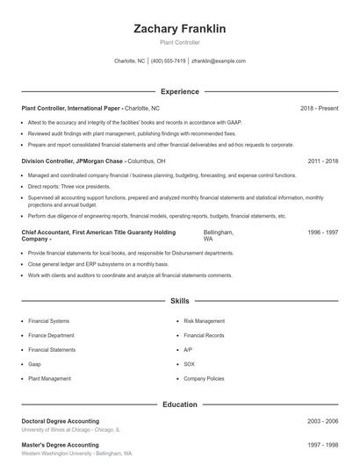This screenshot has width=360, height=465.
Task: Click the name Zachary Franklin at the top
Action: click(179, 29)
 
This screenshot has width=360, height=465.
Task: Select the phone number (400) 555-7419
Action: click(168, 61)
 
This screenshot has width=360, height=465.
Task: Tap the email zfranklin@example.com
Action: click(219, 61)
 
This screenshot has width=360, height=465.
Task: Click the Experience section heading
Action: click(179, 91)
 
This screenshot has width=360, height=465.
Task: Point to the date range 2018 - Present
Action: click(319, 108)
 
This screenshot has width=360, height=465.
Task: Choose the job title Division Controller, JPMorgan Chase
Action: click(73, 161)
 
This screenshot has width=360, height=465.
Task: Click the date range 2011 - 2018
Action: click(322, 161)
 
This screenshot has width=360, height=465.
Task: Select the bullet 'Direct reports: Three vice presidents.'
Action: click(69, 187)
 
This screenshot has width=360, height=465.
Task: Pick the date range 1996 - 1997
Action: click(322, 232)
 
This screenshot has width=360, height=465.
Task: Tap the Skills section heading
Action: click(179, 301)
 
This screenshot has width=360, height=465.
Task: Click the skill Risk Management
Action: click(205, 321)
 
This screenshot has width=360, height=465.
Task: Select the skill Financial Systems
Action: click(50, 321)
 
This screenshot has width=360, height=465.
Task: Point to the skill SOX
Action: click(189, 364)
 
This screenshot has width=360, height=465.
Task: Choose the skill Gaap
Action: click(35, 364)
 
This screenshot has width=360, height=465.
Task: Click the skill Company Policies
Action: click(205, 379)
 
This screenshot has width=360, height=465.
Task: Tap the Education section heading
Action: click(179, 404)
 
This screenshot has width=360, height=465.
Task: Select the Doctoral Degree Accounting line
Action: click(60, 421)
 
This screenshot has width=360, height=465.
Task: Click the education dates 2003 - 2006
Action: click(322, 421)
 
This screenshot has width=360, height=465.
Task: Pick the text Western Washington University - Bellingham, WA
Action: click(76, 454)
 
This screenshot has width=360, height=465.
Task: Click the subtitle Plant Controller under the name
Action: click(179, 41)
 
